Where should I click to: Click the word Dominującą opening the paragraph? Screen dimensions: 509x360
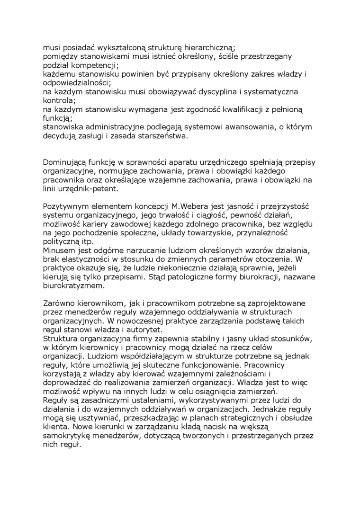pyautogui.click(x=66, y=162)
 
